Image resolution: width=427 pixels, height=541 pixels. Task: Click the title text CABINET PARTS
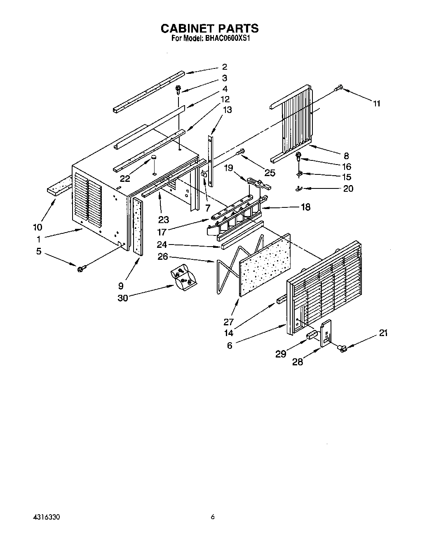click(x=209, y=28)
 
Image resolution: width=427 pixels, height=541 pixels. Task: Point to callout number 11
click(x=376, y=103)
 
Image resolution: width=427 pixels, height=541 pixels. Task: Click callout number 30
click(x=122, y=298)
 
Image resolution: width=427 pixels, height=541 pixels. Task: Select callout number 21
click(x=383, y=333)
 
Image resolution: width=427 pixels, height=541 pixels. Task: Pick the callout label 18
click(x=305, y=207)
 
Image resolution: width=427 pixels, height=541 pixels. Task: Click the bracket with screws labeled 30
click(x=184, y=279)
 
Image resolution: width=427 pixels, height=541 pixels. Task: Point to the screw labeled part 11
click(x=339, y=87)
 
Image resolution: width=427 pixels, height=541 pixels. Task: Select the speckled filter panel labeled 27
click(x=264, y=264)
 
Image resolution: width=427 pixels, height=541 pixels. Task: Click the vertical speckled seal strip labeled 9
click(x=137, y=227)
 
